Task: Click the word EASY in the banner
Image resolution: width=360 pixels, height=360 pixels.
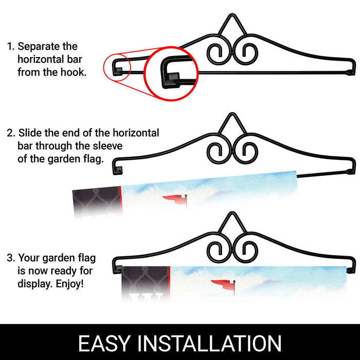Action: (x=105, y=343)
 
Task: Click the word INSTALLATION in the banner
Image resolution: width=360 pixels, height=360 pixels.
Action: (x=209, y=343)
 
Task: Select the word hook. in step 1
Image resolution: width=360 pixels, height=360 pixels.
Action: (x=74, y=73)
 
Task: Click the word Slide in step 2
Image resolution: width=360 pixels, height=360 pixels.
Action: (x=30, y=133)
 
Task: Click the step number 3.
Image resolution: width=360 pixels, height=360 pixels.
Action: (x=11, y=258)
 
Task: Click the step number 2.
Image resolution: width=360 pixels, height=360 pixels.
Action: (x=11, y=133)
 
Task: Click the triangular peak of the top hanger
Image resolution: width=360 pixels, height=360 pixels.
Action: (x=232, y=15)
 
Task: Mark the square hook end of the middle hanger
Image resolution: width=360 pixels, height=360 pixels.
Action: (x=118, y=170)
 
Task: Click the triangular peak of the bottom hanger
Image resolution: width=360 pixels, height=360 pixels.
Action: (x=232, y=212)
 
